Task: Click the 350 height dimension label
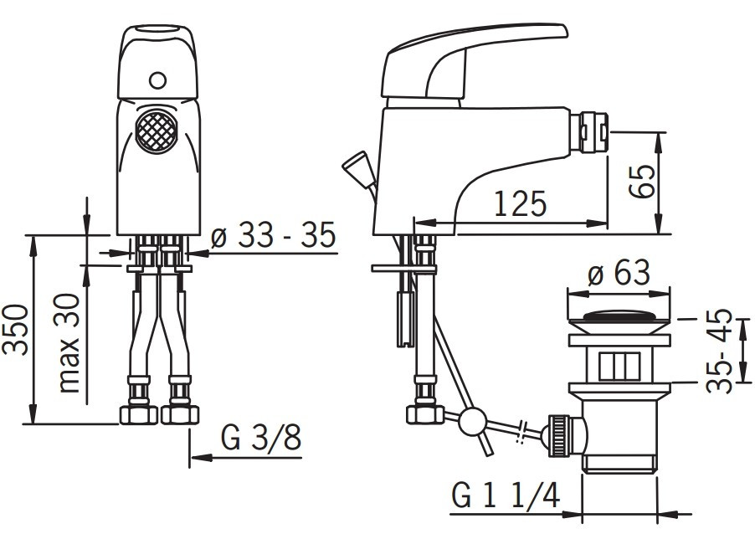coord(18,329)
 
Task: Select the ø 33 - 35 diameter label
coord(273,237)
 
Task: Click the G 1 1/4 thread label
coord(506,495)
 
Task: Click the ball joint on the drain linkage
coord(471,421)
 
